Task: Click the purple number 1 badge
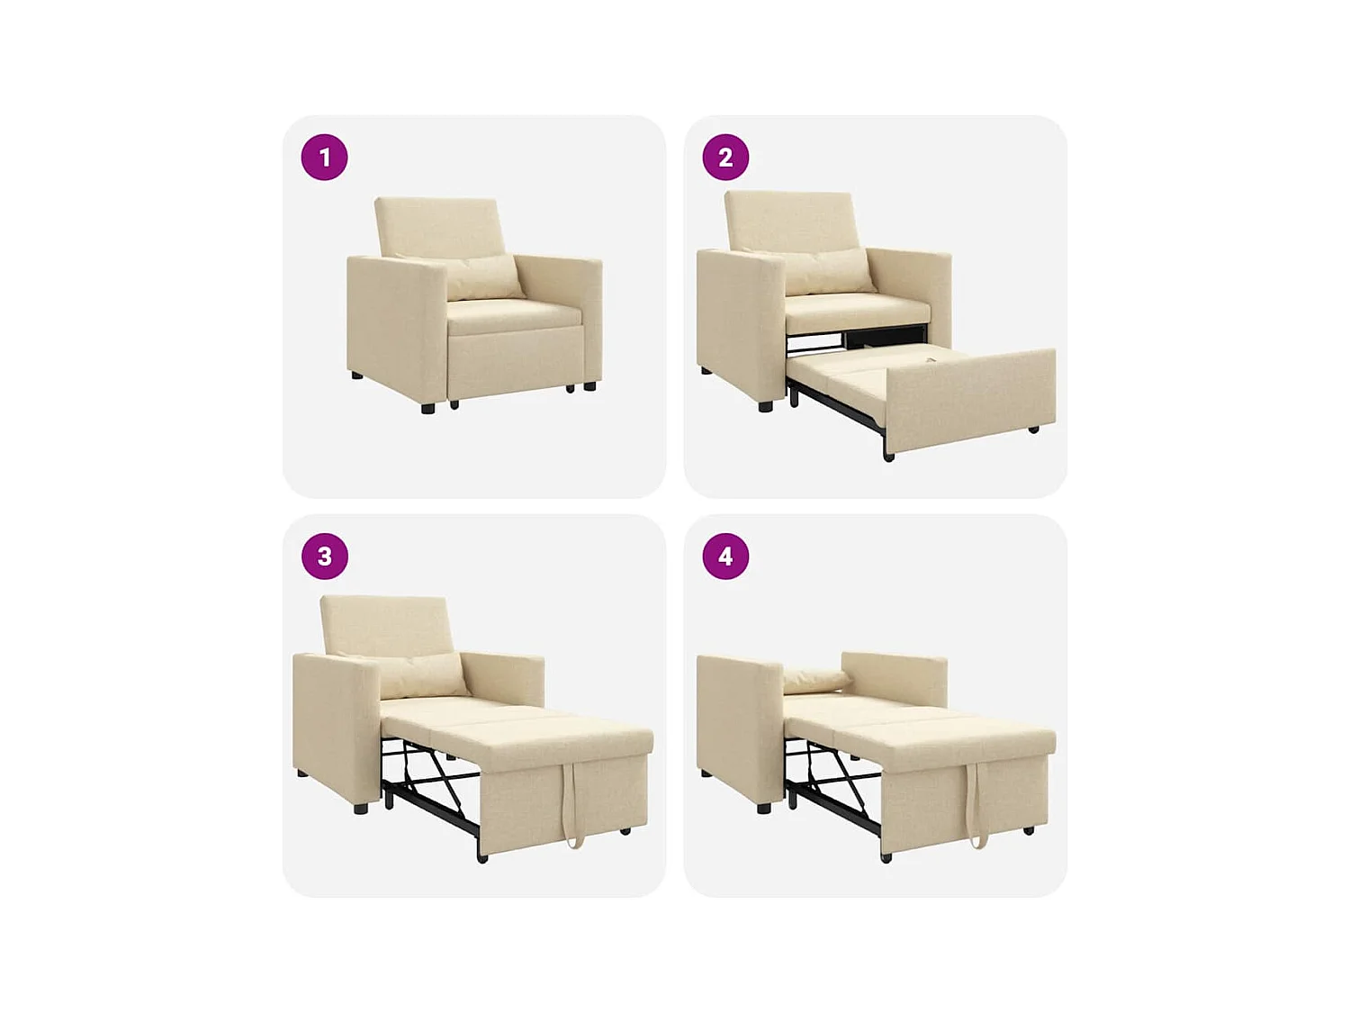point(324,158)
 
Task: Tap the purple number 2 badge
point(725,158)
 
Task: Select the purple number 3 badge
point(324,556)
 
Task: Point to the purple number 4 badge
point(725,556)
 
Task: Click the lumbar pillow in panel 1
point(484,277)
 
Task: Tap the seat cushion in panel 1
point(513,315)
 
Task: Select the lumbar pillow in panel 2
point(826,272)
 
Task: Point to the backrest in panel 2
point(790,220)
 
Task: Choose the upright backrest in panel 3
point(386,625)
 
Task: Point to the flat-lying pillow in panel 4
point(815,681)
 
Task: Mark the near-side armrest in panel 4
point(738,729)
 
